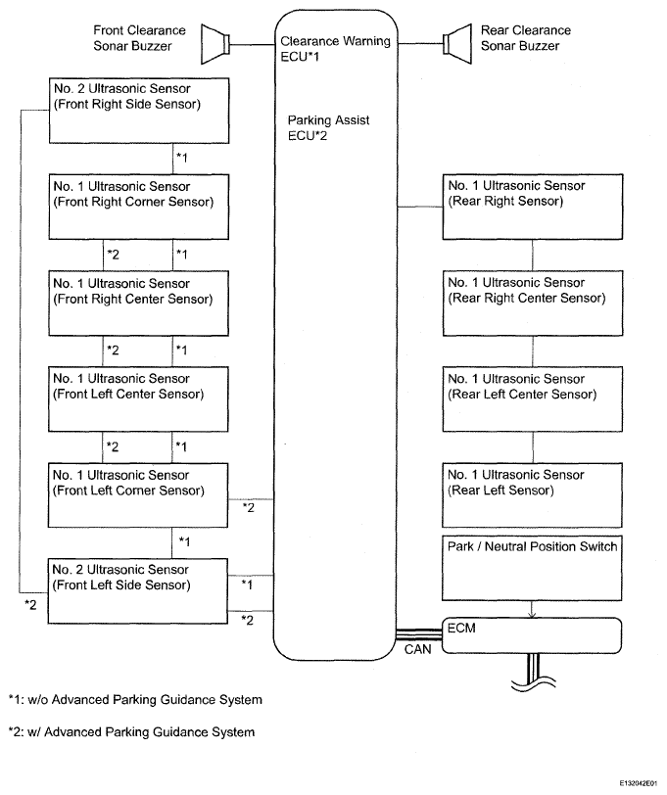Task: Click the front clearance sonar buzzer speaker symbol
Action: [x=215, y=44]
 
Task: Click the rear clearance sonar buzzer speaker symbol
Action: [x=457, y=44]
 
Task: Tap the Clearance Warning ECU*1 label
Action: [x=335, y=49]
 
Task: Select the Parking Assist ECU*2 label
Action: [x=328, y=127]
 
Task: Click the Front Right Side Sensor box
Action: [x=139, y=111]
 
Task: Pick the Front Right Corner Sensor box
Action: [x=139, y=207]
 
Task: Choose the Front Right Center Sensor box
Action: [x=138, y=304]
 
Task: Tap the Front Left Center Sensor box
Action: [x=138, y=399]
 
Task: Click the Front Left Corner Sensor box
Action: [x=138, y=495]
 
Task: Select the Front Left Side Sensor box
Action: [x=137, y=591]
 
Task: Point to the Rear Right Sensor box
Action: [x=533, y=207]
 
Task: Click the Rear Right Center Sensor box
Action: [x=533, y=304]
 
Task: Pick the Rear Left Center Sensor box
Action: [x=532, y=399]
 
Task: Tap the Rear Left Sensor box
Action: [x=532, y=495]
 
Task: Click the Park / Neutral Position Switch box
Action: [x=532, y=569]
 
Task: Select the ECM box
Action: [x=532, y=635]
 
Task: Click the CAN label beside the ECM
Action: [x=417, y=649]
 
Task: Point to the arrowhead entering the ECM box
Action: [x=532, y=615]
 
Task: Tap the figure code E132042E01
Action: [x=638, y=783]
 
